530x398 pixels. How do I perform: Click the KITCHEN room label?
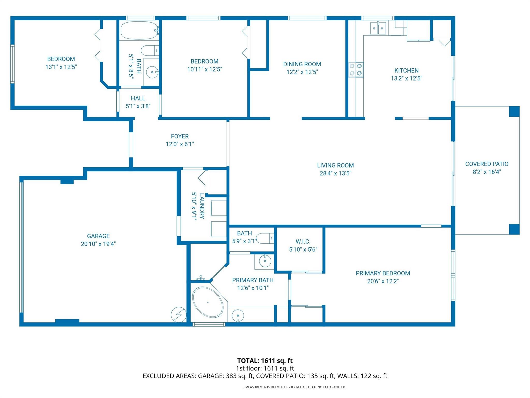click(x=406, y=70)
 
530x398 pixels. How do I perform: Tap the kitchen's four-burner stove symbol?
click(x=356, y=69)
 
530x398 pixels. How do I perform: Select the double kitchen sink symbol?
click(x=378, y=28)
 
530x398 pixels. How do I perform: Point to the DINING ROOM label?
click(x=302, y=64)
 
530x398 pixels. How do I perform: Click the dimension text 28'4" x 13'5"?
click(x=335, y=173)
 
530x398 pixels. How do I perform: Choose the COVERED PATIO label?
click(x=487, y=164)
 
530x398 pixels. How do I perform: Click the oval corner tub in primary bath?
click(x=208, y=302)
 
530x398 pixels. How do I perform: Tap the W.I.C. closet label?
click(x=303, y=241)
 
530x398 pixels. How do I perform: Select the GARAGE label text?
click(x=98, y=236)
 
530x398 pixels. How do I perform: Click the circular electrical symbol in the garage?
click(x=179, y=315)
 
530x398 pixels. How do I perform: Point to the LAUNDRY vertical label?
click(x=202, y=206)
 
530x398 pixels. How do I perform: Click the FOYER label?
click(x=180, y=136)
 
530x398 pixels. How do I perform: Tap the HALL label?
click(x=138, y=98)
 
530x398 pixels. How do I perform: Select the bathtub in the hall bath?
click(x=139, y=30)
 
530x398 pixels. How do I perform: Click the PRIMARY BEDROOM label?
click(x=383, y=273)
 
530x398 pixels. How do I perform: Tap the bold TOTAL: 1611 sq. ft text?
click(x=265, y=360)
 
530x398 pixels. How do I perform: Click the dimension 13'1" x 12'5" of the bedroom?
click(x=61, y=67)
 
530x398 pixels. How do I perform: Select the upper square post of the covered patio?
click(x=514, y=111)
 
